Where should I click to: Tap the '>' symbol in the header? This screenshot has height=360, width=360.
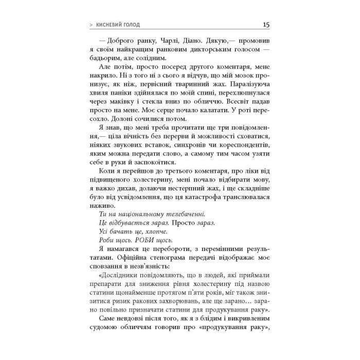pyautogui.click(x=92, y=25)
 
